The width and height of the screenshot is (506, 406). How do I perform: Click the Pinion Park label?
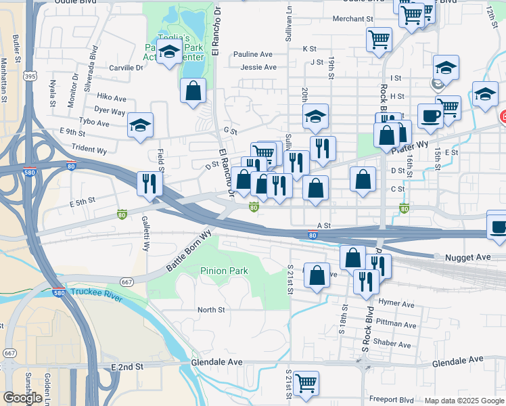224,271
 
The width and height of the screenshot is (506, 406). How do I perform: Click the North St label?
210,310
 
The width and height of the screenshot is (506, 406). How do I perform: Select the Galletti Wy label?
145,233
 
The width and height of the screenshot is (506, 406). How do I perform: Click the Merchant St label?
352,19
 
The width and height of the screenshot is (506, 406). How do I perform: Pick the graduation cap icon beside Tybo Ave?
141,125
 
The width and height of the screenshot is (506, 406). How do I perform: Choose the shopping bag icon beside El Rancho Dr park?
193,91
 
